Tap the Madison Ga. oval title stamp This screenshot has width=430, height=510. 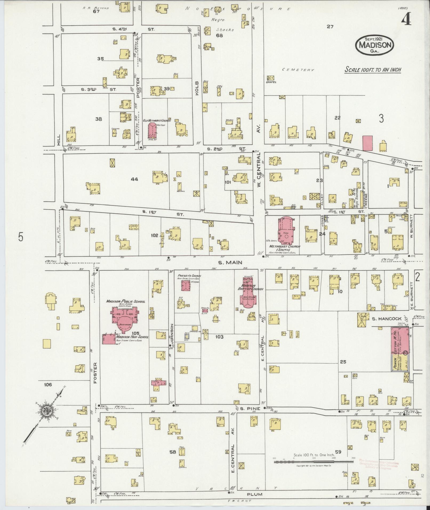[375, 44]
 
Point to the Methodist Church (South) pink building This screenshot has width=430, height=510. [286, 231]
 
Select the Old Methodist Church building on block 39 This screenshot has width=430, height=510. [152, 131]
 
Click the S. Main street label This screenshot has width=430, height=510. [230, 263]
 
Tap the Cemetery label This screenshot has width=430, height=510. [298, 70]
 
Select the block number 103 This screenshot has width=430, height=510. [219, 337]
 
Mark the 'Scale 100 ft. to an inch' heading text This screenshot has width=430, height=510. [373, 70]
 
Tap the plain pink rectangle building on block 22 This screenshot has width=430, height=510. [367, 143]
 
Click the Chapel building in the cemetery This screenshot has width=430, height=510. [271, 78]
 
